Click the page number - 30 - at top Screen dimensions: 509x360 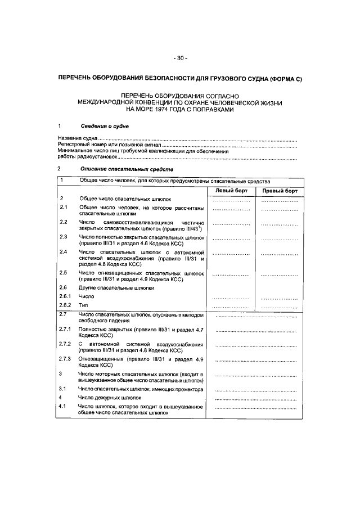(180, 58)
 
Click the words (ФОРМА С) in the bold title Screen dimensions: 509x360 (285, 79)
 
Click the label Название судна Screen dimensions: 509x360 (78, 138)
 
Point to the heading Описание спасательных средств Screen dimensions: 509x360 (127, 169)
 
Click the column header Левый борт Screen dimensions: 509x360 (233, 191)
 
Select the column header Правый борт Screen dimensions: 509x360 (280, 191)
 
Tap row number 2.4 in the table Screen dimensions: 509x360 (64, 251)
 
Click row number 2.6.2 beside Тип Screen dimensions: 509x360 (66, 304)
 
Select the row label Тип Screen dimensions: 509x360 (83, 304)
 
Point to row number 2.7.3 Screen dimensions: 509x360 (66, 359)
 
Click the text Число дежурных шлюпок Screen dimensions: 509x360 (109, 398)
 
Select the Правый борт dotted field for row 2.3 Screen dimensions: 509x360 (280, 238)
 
